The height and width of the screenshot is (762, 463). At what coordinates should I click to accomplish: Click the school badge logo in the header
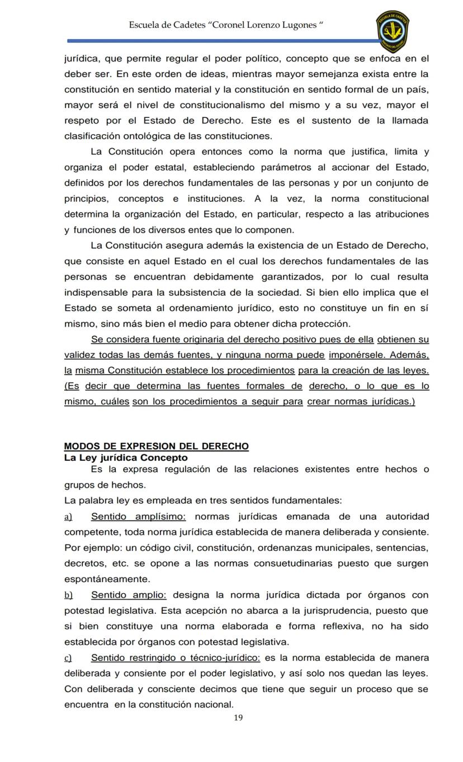[392, 30]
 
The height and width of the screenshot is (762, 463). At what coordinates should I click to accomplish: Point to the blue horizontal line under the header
[224, 41]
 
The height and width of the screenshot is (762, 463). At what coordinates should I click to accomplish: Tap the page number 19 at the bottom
[238, 718]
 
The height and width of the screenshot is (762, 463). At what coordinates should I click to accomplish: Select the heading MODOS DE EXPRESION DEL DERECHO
[157, 446]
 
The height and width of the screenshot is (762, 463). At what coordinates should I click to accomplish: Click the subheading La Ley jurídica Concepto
[126, 457]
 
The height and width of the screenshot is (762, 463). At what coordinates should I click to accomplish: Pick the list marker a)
[68, 517]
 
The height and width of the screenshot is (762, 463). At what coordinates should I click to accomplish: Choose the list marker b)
[68, 595]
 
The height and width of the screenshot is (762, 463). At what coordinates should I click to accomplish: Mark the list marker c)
[68, 657]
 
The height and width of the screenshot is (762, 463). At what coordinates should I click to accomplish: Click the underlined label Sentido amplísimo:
[138, 517]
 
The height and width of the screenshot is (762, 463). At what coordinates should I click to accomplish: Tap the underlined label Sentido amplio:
[129, 595]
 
